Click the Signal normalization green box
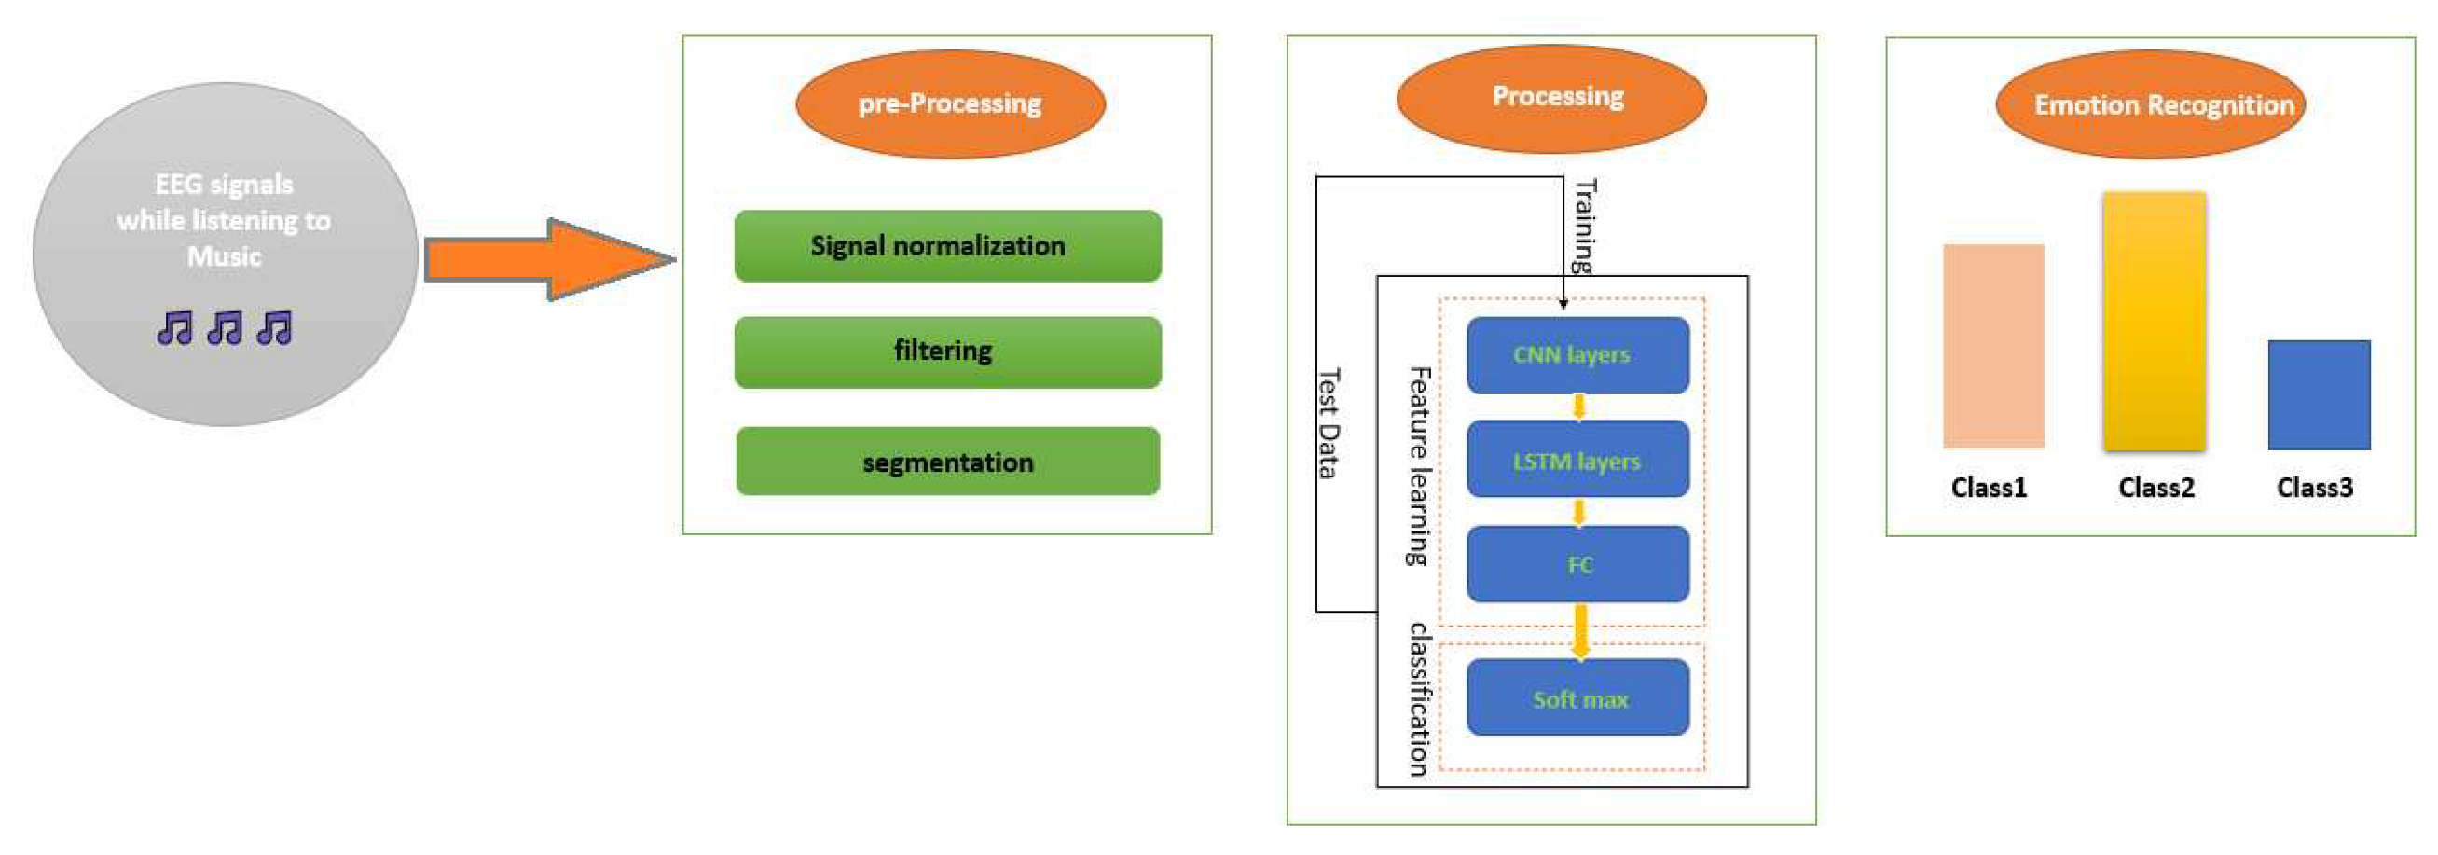coord(947,246)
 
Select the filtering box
coord(947,352)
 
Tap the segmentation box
coord(947,462)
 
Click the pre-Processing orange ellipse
coord(950,103)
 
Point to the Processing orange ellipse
coord(1551,98)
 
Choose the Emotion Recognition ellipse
coord(2149,104)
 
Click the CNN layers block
coord(1577,355)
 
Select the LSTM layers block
coord(1577,461)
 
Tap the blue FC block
coord(1577,564)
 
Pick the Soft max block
coord(1577,698)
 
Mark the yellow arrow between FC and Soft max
coord(1579,630)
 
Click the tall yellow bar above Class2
coord(2154,322)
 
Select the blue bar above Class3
coord(2319,394)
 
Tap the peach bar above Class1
coord(1993,347)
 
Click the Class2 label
coord(2155,488)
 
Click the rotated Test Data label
coord(1329,423)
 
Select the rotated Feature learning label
coord(1418,466)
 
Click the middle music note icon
coord(226,328)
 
